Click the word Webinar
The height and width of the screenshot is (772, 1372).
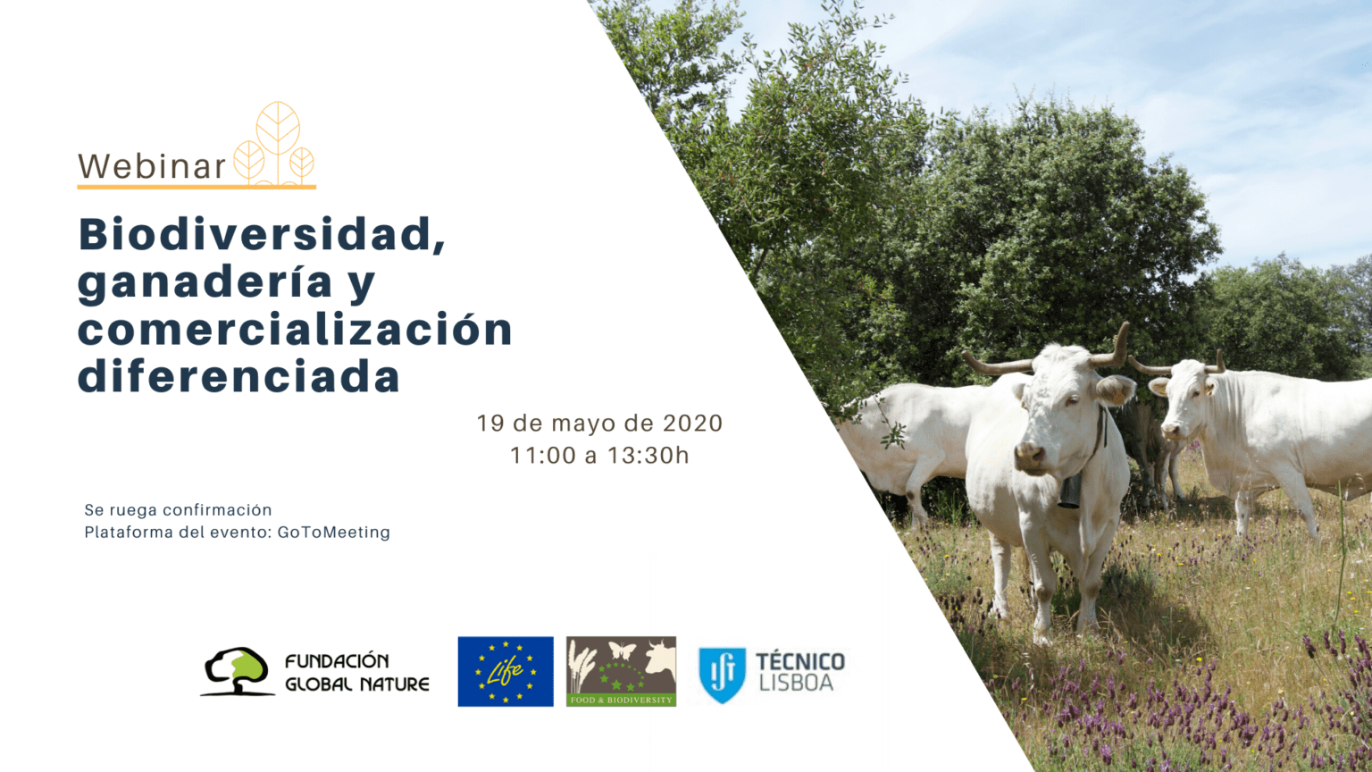click(x=152, y=166)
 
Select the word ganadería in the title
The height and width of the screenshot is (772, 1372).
click(x=205, y=282)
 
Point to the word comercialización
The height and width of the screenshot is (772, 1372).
click(x=295, y=329)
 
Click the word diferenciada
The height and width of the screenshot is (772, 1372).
click(x=238, y=375)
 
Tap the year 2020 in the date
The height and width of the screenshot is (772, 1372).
click(x=693, y=424)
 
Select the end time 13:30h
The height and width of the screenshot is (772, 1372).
click(x=648, y=455)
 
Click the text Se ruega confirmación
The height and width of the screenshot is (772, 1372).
click(x=179, y=510)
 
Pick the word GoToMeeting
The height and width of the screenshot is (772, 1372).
click(x=334, y=533)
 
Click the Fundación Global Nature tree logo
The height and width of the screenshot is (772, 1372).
click(x=238, y=672)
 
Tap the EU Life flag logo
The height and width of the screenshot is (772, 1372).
click(x=506, y=672)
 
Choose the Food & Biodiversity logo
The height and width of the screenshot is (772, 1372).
click(x=621, y=672)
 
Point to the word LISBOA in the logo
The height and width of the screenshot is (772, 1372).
click(x=796, y=683)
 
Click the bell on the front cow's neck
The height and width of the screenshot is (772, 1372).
click(x=1069, y=491)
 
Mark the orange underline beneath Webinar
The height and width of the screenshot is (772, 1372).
click(x=197, y=186)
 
